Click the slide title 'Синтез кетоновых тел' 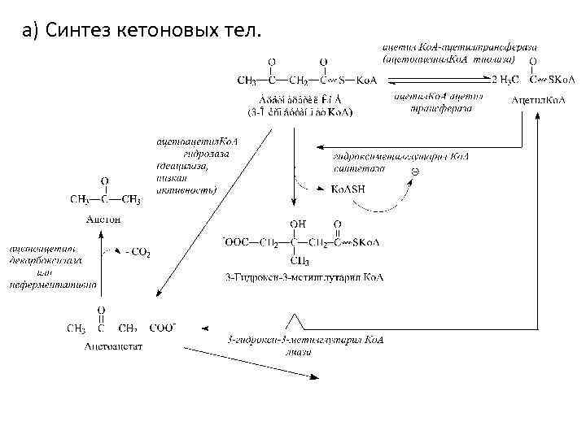143,32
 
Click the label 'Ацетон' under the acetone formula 103,219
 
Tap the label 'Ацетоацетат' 114,346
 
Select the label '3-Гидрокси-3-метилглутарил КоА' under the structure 304,277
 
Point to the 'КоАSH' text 348,188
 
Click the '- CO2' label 136,253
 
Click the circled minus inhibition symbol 413,172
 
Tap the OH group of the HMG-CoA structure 297,224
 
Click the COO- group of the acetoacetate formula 163,328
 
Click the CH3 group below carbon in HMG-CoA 299,261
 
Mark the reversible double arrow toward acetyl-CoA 440,80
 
